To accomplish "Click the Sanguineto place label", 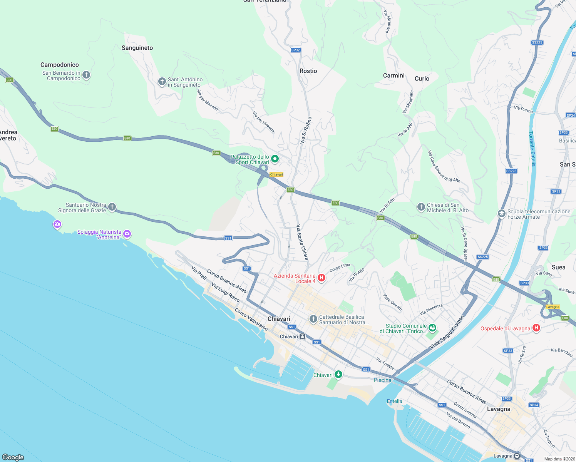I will [x=137, y=48].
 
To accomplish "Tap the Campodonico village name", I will [x=60, y=65].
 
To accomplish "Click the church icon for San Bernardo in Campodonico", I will [x=86, y=75].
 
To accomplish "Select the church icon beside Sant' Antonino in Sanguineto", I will [x=162, y=82].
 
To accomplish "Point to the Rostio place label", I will [x=308, y=71].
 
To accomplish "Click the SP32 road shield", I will [x=295, y=50].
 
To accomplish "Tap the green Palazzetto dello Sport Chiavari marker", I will [x=275, y=159].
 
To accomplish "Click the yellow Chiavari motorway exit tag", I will [x=276, y=174].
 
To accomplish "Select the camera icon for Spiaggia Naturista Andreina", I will [x=127, y=234].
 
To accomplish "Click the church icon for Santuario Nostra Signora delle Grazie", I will [x=112, y=207].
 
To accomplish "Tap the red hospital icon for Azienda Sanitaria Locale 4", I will [x=321, y=278].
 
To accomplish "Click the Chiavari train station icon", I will [x=303, y=336].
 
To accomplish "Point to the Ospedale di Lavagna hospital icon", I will [x=536, y=328].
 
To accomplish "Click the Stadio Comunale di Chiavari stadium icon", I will [x=432, y=328].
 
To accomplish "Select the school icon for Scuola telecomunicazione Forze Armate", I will [x=501, y=214].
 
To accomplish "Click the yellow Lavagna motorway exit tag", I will [x=553, y=307].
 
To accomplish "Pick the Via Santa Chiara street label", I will [x=302, y=242].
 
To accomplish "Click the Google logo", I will [x=13, y=457].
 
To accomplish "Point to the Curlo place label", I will [x=422, y=79].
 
